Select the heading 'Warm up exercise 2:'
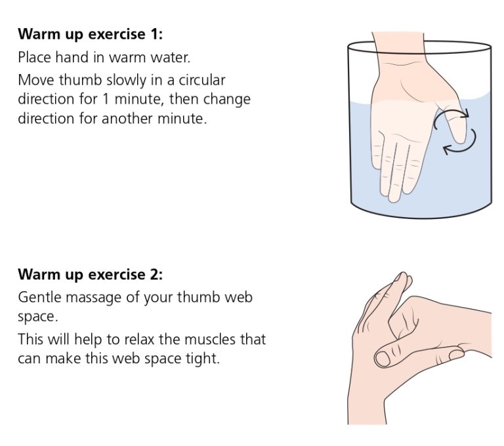[x=90, y=274]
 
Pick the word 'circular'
[x=199, y=81]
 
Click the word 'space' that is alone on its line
[x=36, y=317]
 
